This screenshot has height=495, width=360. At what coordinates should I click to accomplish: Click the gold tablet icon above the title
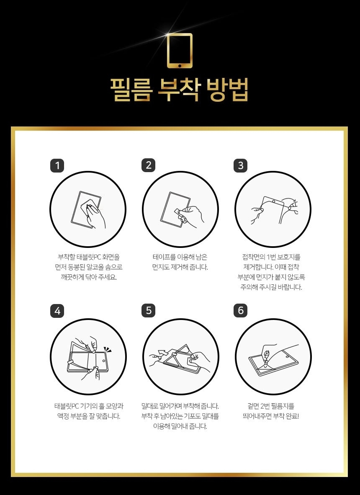(180, 51)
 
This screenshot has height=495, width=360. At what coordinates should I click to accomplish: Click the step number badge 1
(57, 165)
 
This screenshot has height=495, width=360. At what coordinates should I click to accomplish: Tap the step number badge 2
(149, 165)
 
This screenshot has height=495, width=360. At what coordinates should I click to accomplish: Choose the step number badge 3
(240, 165)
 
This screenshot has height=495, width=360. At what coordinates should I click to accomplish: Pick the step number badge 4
(57, 311)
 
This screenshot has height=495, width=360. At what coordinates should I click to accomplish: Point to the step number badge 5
(149, 311)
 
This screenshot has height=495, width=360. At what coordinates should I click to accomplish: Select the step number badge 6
(240, 311)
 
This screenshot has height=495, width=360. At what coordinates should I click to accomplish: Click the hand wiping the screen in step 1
(95, 214)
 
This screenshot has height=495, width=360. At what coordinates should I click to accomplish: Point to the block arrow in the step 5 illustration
(163, 353)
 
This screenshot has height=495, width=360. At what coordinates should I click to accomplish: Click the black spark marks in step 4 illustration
(108, 349)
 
